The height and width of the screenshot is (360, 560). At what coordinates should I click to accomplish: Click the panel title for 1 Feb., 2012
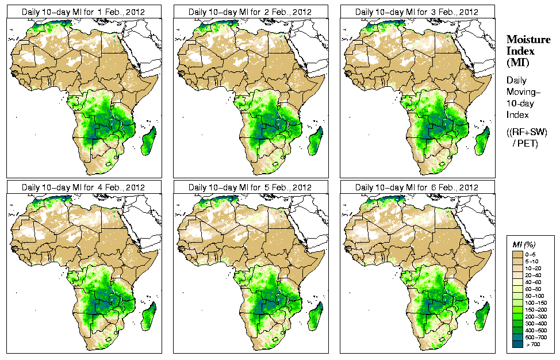pos(83,12)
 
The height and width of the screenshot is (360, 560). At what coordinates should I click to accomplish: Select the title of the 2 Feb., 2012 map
pos(250,12)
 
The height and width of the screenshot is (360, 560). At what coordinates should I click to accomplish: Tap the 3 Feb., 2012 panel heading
pos(417,12)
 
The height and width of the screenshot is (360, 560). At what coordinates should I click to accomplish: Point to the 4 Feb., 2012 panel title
pos(83,187)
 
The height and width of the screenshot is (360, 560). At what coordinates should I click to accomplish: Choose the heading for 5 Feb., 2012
pos(250,187)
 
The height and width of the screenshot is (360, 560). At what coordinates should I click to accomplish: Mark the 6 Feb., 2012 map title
pos(417,187)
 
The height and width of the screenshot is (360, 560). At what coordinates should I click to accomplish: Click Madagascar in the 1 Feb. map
pos(148,142)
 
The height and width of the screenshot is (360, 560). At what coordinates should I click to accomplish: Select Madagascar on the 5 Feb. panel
pos(315,317)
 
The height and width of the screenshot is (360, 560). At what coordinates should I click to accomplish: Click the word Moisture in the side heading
pos(524,39)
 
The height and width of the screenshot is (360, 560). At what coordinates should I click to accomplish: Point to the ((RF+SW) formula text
pos(527,132)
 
